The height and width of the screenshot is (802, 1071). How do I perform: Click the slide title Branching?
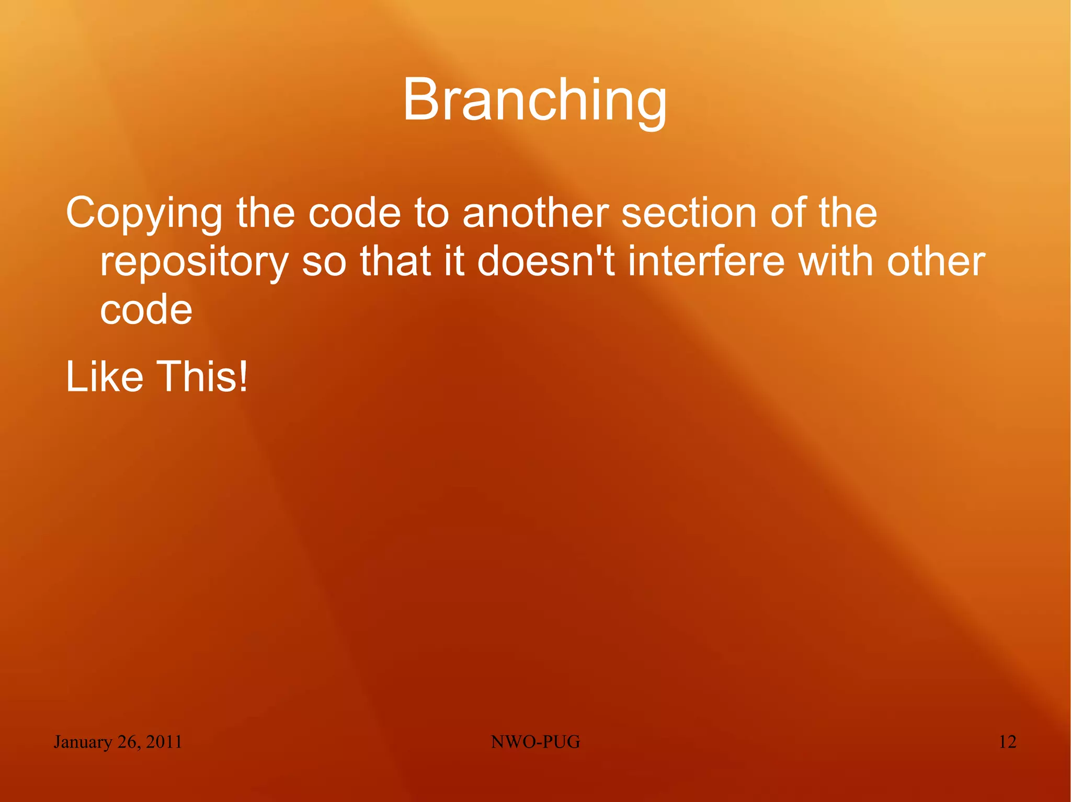(534, 100)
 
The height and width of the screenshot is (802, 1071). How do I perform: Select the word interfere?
(706, 261)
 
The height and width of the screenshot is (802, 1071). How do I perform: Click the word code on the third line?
(146, 310)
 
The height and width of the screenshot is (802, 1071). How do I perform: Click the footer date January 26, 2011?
(118, 742)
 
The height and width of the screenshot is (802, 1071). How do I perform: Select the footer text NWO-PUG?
(535, 742)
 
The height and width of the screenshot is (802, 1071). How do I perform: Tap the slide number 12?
(1007, 742)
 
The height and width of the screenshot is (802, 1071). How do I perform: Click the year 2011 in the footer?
(164, 742)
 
